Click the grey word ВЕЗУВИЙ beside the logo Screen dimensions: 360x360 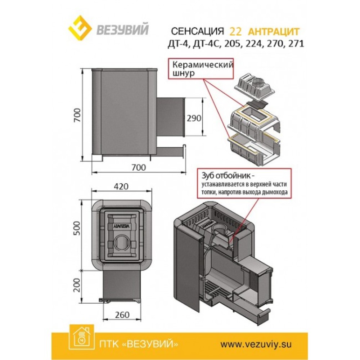pyautogui.click(x=122, y=29)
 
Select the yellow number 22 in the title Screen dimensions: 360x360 pyautogui.click(x=235, y=32)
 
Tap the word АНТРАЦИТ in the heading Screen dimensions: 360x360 pyautogui.click(x=274, y=32)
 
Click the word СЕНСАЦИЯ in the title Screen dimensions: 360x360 pyautogui.click(x=197, y=32)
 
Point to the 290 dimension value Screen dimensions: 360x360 pyautogui.click(x=194, y=118)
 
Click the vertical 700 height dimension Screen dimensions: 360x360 pyautogui.click(x=78, y=115)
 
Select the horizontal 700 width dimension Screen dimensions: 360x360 pyautogui.click(x=139, y=168)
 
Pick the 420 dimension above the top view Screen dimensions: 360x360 pyautogui.click(x=121, y=186)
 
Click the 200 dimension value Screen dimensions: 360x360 pyautogui.click(x=78, y=285)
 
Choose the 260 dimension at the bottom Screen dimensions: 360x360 pyautogui.click(x=122, y=315)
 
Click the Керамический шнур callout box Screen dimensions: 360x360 pyautogui.click(x=201, y=69)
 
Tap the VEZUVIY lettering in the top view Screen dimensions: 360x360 pyautogui.click(x=122, y=226)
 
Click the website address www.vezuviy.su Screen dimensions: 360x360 pyautogui.click(x=256, y=344)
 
